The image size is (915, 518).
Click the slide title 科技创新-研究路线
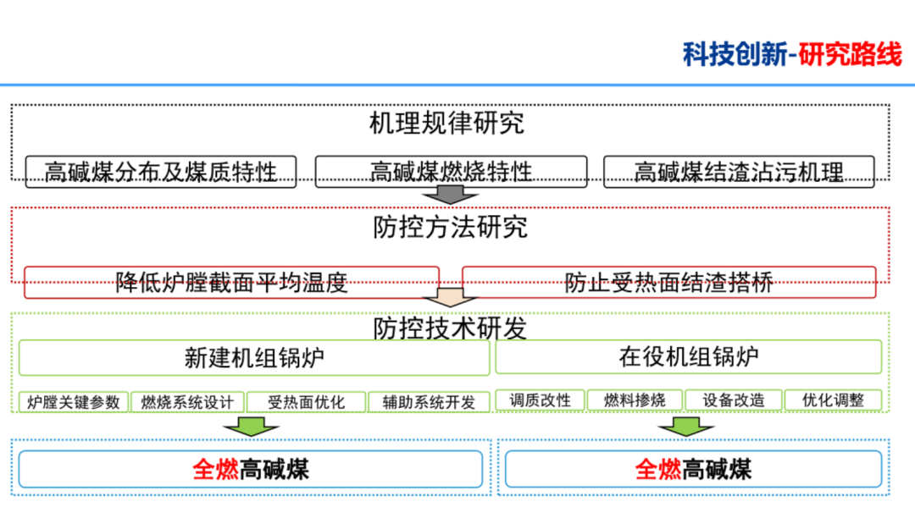pos(792,54)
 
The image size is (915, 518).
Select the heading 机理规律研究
pos(446,124)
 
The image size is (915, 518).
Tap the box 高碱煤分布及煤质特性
pos(161,172)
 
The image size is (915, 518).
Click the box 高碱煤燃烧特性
pos(451,172)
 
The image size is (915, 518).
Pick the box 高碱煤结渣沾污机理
pos(739,172)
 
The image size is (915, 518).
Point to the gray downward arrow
pos(451,195)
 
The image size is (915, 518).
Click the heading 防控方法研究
pos(450,228)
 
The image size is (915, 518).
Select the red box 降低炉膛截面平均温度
pos(231,283)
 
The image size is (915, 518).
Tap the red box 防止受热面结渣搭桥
pos(668,283)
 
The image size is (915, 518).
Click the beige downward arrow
pos(451,298)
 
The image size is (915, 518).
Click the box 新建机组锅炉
pos(254,357)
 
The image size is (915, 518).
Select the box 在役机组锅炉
pos(688,357)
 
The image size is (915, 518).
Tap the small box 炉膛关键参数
pos(74,401)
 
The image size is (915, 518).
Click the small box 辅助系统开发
pos(429,401)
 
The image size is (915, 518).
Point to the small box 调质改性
pos(541,400)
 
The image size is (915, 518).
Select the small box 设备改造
pos(733,400)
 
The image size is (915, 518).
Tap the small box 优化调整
pos(833,400)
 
